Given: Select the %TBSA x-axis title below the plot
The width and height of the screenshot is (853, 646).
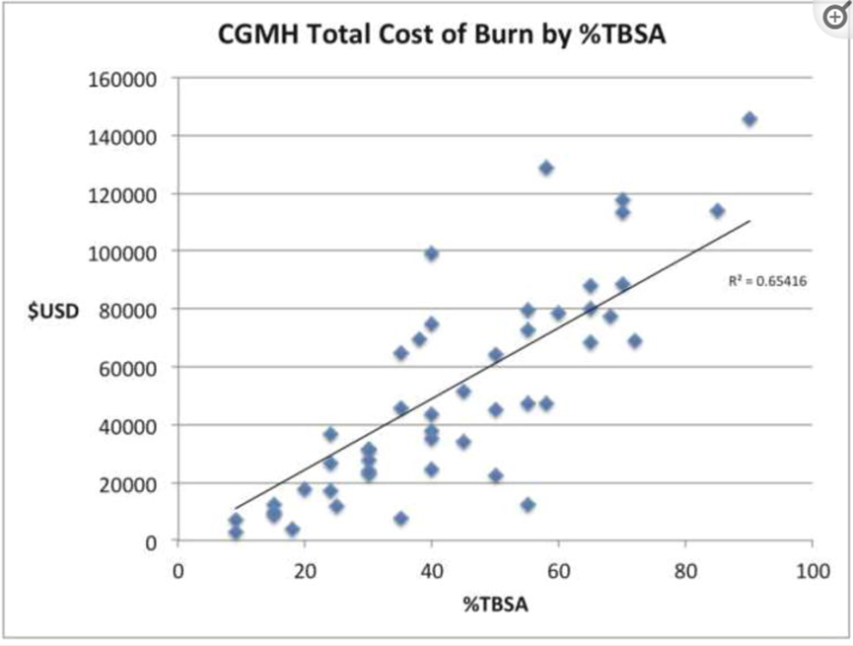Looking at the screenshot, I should pyautogui.click(x=495, y=605).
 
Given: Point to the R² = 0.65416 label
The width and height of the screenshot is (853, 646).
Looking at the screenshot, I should pyautogui.click(x=768, y=281).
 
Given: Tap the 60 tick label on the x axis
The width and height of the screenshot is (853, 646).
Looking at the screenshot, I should pyautogui.click(x=558, y=571).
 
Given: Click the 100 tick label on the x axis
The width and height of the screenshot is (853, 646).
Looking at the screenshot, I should pyautogui.click(x=812, y=571).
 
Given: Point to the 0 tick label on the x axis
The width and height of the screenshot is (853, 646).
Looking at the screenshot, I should pyautogui.click(x=178, y=571).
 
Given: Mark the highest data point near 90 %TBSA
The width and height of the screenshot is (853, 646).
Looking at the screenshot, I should pyautogui.click(x=749, y=119).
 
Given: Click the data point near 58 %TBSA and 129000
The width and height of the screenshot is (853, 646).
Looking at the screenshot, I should pyautogui.click(x=545, y=168).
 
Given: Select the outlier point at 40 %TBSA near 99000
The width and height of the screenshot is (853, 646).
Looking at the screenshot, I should pyautogui.click(x=431, y=253).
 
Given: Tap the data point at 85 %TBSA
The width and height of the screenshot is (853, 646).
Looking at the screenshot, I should pyautogui.click(x=717, y=211).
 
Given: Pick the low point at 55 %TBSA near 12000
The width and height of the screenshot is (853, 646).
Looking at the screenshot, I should pyautogui.click(x=528, y=505).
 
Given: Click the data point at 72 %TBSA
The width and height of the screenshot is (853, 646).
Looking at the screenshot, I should pyautogui.click(x=634, y=341).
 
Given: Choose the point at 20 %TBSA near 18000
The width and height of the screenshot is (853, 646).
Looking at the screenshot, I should pyautogui.click(x=305, y=489).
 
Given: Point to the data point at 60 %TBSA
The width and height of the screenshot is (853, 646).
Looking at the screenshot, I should pyautogui.click(x=558, y=314).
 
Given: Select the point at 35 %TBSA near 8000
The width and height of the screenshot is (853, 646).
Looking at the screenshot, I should pyautogui.click(x=400, y=519).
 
